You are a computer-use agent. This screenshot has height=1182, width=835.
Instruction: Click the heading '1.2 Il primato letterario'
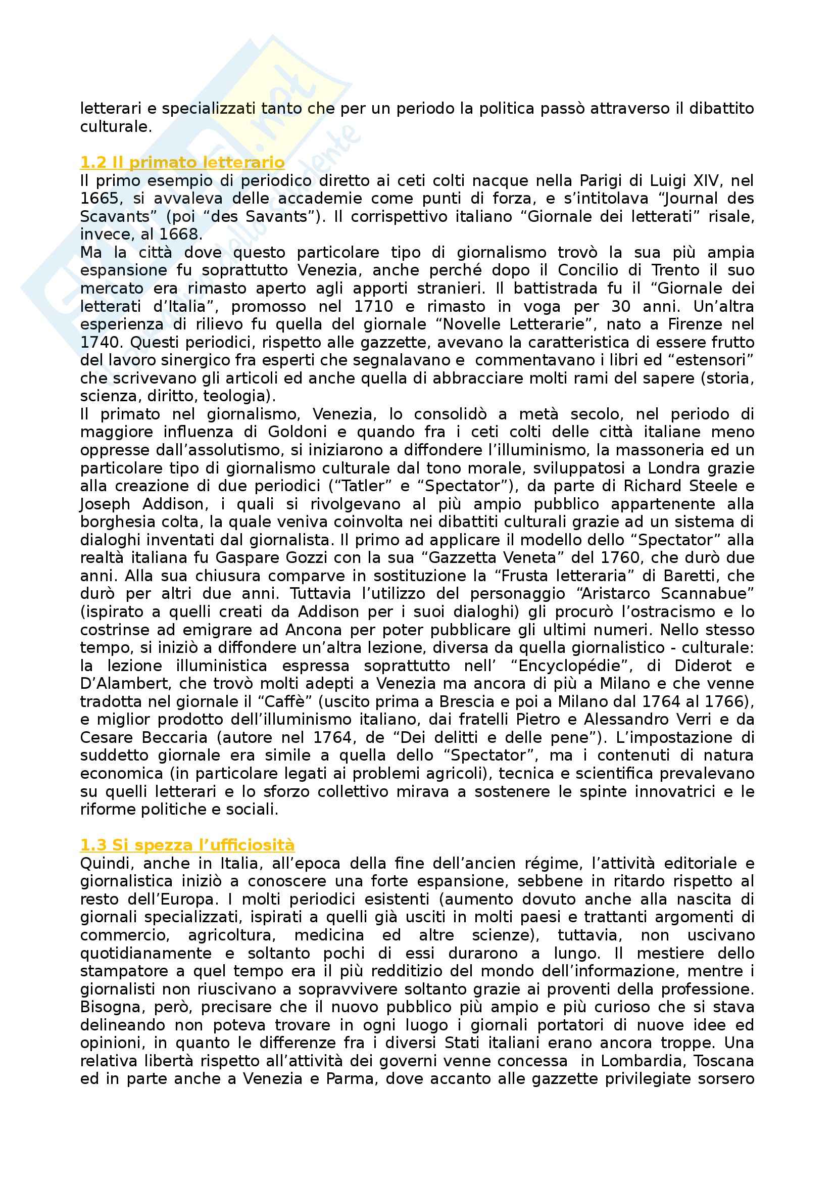(182, 163)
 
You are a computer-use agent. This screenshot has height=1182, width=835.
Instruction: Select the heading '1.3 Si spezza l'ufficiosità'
(187, 845)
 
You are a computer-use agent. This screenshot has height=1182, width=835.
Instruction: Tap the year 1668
(179, 235)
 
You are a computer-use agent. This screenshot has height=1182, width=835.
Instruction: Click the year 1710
(373, 307)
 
